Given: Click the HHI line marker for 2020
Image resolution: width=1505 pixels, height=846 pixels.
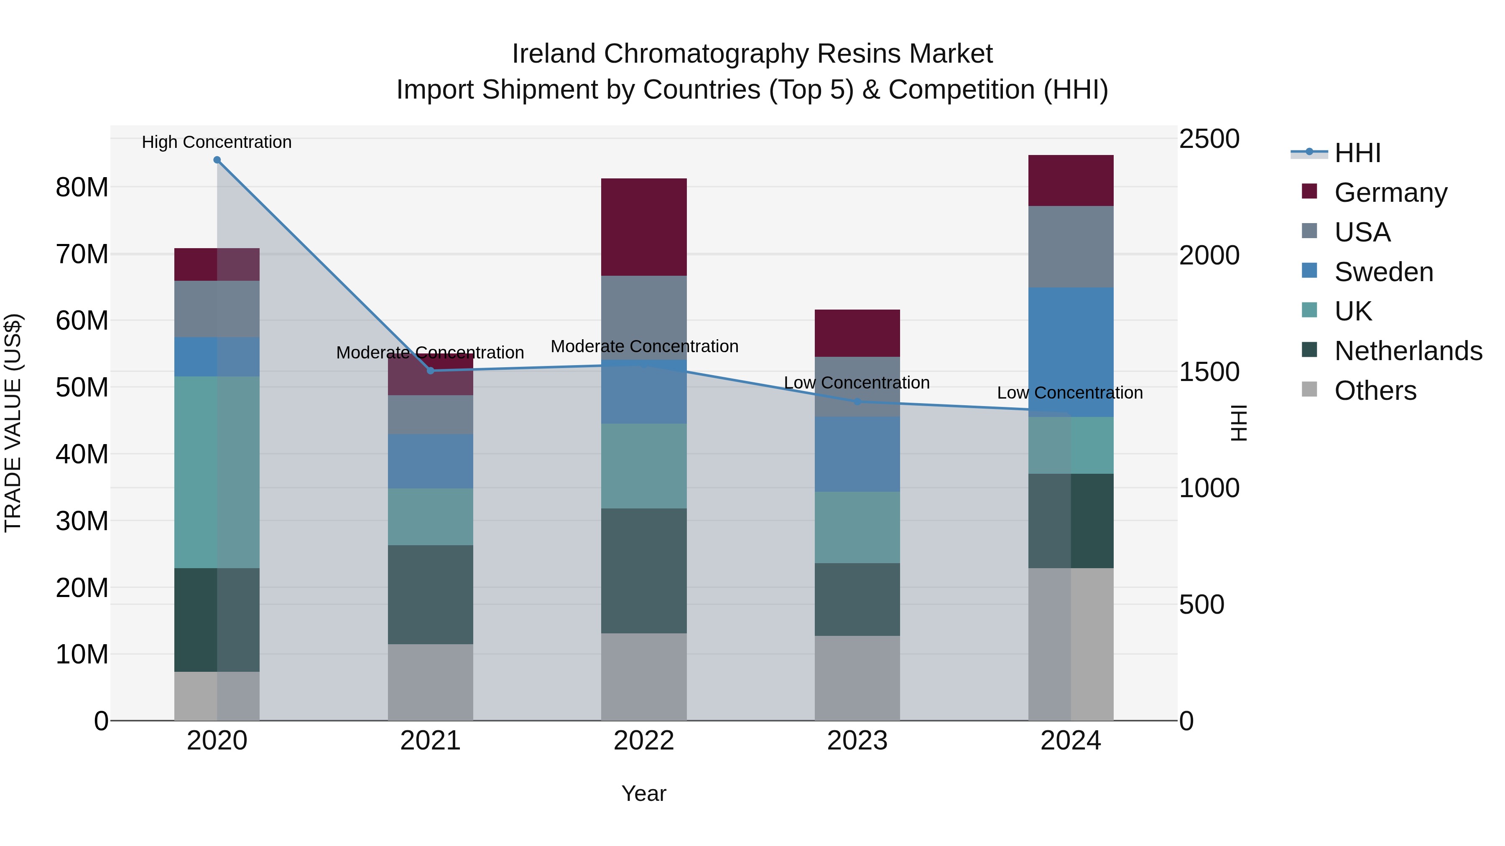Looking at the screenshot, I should (x=217, y=160).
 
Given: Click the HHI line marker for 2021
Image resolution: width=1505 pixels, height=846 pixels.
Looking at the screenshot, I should (x=431, y=371).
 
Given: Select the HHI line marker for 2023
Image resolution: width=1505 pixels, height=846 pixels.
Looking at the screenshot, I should (x=857, y=401).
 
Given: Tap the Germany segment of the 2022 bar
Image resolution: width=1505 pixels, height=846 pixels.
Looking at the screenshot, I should (x=644, y=227).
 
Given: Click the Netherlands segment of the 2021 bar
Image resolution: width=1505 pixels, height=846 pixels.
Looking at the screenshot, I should (x=431, y=594).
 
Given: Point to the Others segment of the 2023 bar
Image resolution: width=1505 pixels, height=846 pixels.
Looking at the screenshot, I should (x=857, y=678).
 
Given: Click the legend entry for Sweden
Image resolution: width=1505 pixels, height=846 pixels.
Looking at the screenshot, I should (x=1383, y=272).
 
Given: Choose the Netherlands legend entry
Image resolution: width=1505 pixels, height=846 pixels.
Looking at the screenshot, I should (x=1408, y=351).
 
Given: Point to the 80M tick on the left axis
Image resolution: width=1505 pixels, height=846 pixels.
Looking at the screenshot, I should (x=82, y=188).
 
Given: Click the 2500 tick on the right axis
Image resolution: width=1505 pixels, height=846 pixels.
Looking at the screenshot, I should (x=1209, y=139).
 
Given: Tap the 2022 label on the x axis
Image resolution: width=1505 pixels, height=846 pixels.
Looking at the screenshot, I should (x=644, y=741).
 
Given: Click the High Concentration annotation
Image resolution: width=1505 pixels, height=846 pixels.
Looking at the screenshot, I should (x=217, y=142).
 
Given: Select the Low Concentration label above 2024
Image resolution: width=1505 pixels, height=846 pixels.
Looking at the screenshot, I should (x=1070, y=393).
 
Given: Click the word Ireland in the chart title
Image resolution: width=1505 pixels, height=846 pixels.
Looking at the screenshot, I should (x=554, y=54).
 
